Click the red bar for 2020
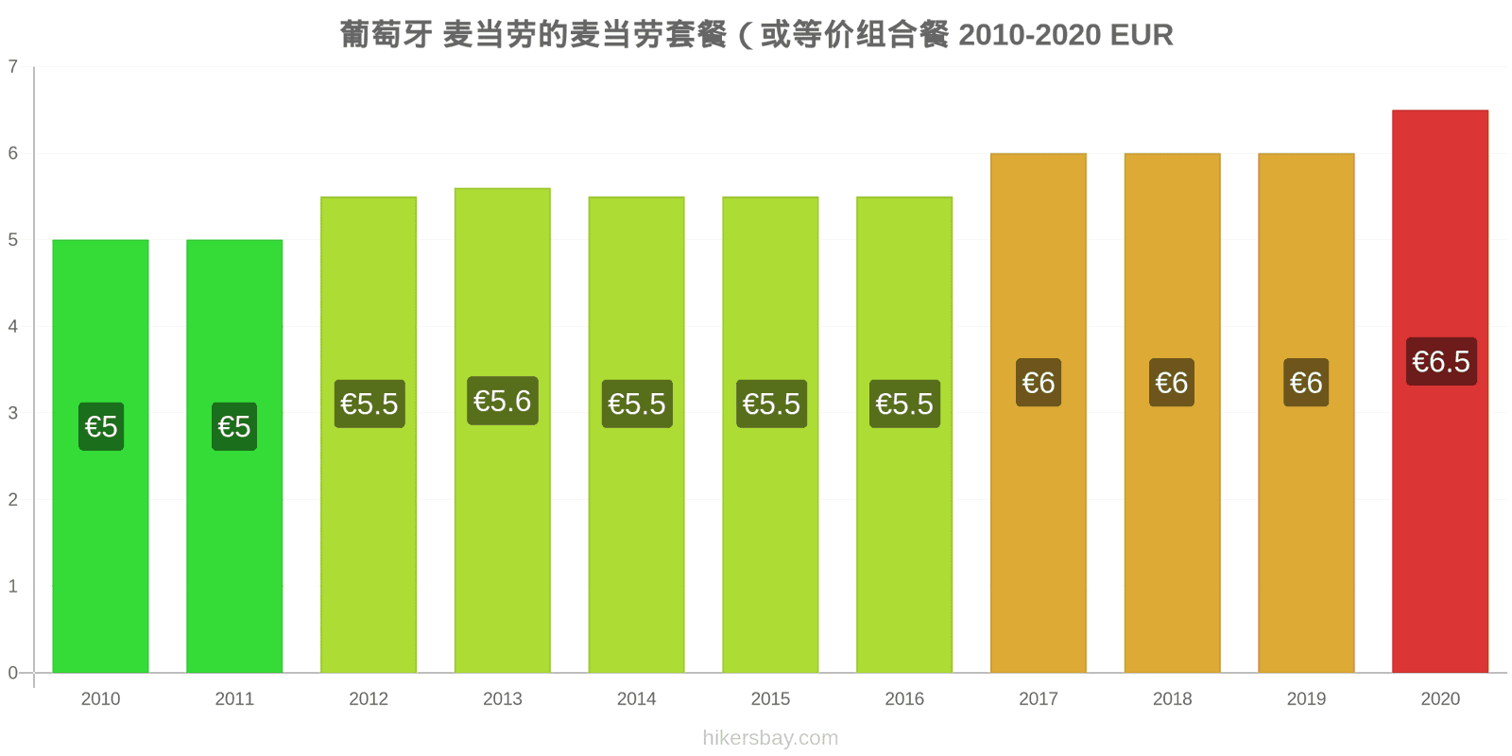pos(1440,391)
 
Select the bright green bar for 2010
pos(100,456)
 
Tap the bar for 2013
pos(502,431)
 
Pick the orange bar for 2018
pos(1172,413)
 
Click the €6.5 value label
pos(1441,362)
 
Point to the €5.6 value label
pos(502,401)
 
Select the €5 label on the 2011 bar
pos(234,426)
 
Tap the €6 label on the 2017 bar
pos(1039,383)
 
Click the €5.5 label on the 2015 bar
pos(771,404)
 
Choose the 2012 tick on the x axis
pos(369,698)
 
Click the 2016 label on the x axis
pos(904,698)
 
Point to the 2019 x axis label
pos(1306,698)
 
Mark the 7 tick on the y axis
pos(13,67)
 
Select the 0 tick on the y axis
pos(13,673)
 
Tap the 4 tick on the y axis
pos(13,327)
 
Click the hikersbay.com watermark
pos(770,738)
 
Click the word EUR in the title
pos(1142,35)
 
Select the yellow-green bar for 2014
pos(637,435)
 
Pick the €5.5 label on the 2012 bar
pos(369,404)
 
